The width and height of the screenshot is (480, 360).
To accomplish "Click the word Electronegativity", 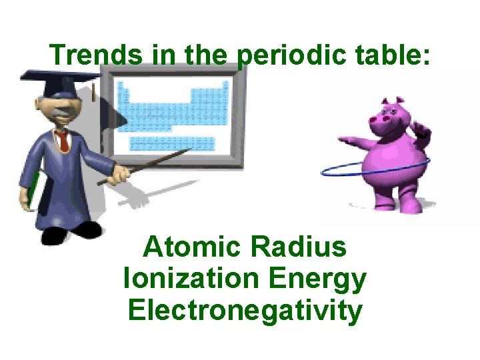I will pos(245,311).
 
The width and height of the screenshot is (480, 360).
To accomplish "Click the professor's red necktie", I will pos(62,141).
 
